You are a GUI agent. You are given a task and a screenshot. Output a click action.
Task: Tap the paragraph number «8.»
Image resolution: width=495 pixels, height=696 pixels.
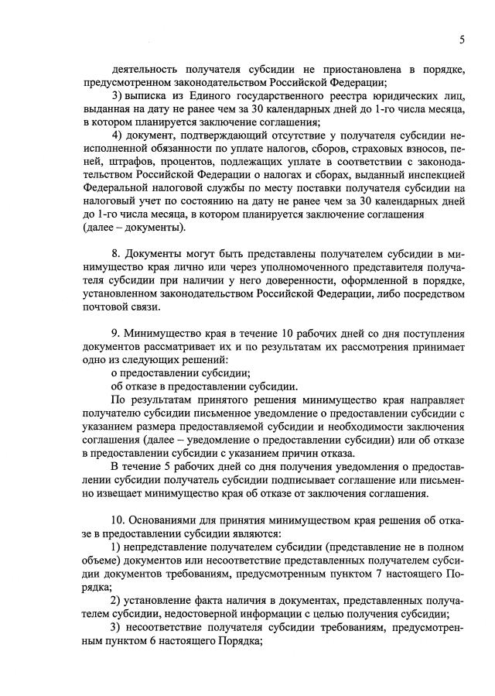116,255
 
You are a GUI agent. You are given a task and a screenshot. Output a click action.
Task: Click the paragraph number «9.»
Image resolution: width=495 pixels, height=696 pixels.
116,334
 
